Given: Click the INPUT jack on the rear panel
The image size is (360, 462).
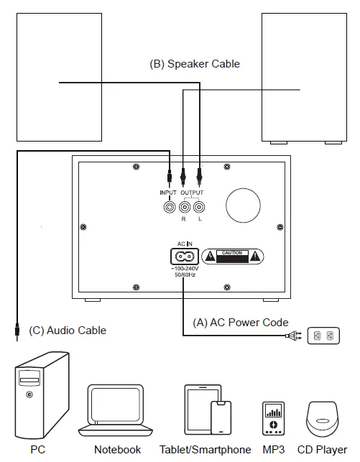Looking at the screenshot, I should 170,207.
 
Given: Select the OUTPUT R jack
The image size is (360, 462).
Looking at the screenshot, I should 184,207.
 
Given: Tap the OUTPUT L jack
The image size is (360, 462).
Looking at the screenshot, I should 199,207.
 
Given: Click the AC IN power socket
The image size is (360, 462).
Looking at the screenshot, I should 183,255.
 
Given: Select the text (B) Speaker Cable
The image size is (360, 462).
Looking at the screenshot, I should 194,64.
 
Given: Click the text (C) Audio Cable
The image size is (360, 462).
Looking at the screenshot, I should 68,331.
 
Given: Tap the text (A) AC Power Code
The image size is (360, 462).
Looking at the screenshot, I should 241,322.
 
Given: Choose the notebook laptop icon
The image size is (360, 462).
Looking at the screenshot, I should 117,411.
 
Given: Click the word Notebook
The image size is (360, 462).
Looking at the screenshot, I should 117,450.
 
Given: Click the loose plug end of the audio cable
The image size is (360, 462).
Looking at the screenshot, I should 16,331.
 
